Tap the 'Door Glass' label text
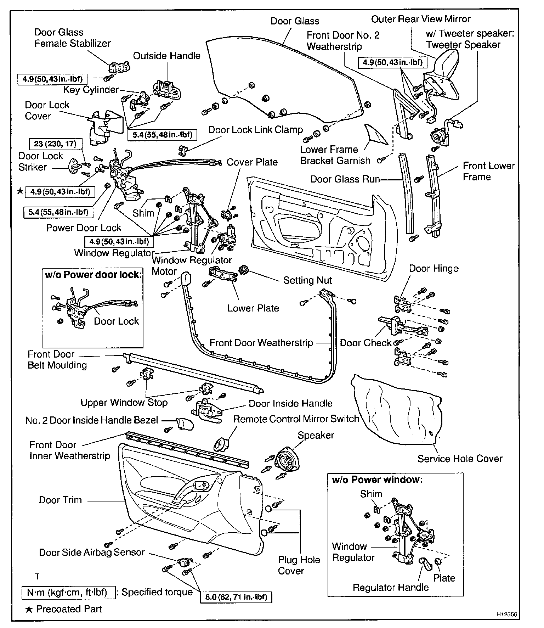coord(295,21)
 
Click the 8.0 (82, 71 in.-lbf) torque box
coord(236,597)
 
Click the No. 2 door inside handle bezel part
coord(185,424)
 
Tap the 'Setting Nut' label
coord(307,280)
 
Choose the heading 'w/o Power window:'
coord(377,480)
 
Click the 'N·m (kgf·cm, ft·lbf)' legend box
coord(69,592)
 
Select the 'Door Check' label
coord(365,343)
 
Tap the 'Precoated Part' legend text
coord(69,609)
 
